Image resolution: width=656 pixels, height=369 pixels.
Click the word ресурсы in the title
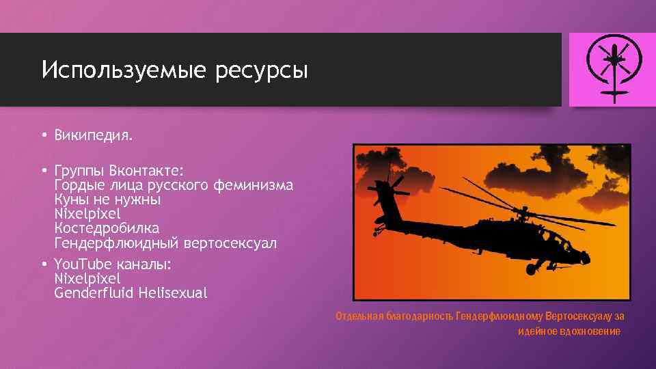click(262, 70)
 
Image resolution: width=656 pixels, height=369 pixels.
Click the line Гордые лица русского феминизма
click(174, 184)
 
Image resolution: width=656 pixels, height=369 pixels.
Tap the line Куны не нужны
click(107, 200)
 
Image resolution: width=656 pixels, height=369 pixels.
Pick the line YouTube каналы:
click(112, 264)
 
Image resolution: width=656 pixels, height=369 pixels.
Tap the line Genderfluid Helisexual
click(131, 293)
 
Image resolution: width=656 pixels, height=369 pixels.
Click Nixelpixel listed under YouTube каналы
click(87, 279)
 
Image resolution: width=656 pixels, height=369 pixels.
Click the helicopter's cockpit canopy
click(557, 239)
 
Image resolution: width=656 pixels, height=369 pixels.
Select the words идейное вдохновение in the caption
click(569, 331)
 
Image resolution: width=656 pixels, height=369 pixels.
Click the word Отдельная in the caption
click(359, 316)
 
